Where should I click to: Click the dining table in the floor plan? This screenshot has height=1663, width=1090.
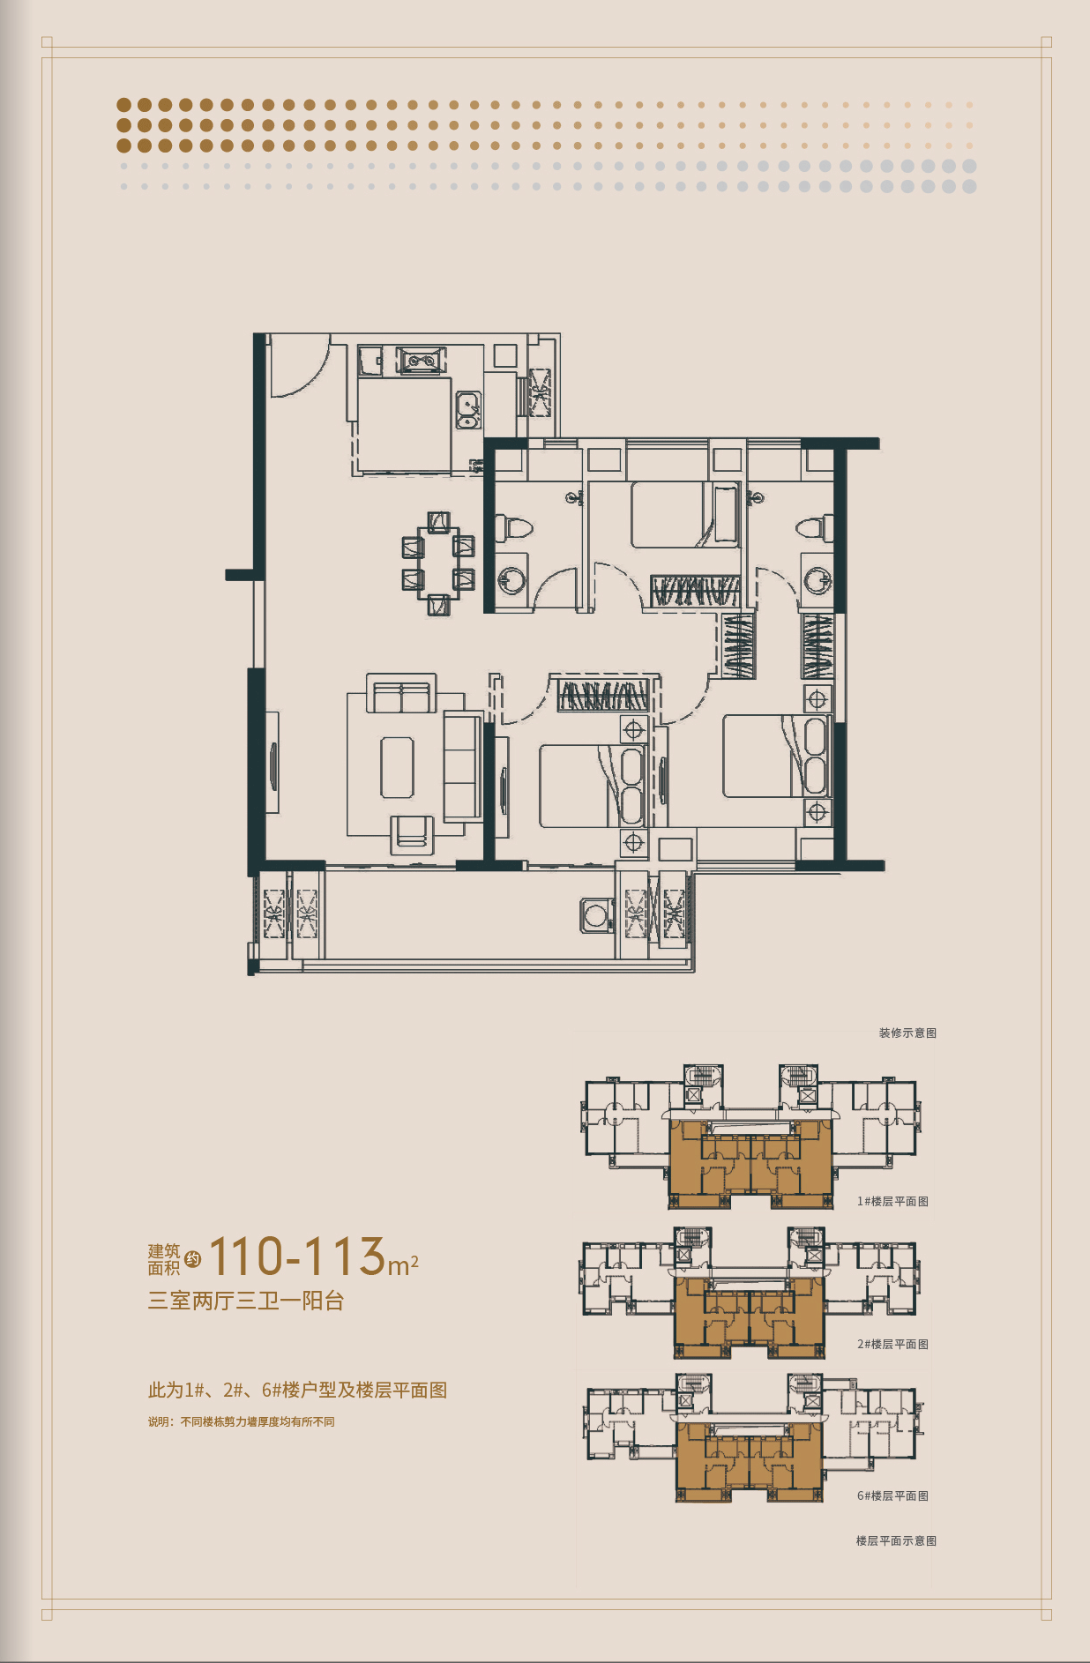point(438,563)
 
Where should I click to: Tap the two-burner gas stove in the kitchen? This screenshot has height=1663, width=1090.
point(422,361)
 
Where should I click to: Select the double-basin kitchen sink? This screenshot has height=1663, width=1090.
point(467,411)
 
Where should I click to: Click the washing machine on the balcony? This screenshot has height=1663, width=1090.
point(596,914)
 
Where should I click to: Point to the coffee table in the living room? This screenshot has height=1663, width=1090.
point(397,767)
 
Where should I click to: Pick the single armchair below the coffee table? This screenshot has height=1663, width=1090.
point(412,834)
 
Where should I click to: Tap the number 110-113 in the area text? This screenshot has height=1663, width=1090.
point(297,1256)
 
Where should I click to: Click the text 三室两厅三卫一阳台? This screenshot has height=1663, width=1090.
point(246,1301)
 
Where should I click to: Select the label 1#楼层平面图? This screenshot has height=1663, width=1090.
point(892,1201)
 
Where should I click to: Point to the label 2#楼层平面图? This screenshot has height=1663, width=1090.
point(892,1344)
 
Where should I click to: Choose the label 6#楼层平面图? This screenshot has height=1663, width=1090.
point(892,1495)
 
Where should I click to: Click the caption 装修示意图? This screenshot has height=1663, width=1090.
point(907,1033)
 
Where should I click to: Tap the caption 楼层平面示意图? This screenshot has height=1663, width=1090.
point(896,1540)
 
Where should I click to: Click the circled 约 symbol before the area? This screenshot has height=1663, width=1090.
point(193,1259)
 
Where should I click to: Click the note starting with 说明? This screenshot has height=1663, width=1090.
point(242,1421)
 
